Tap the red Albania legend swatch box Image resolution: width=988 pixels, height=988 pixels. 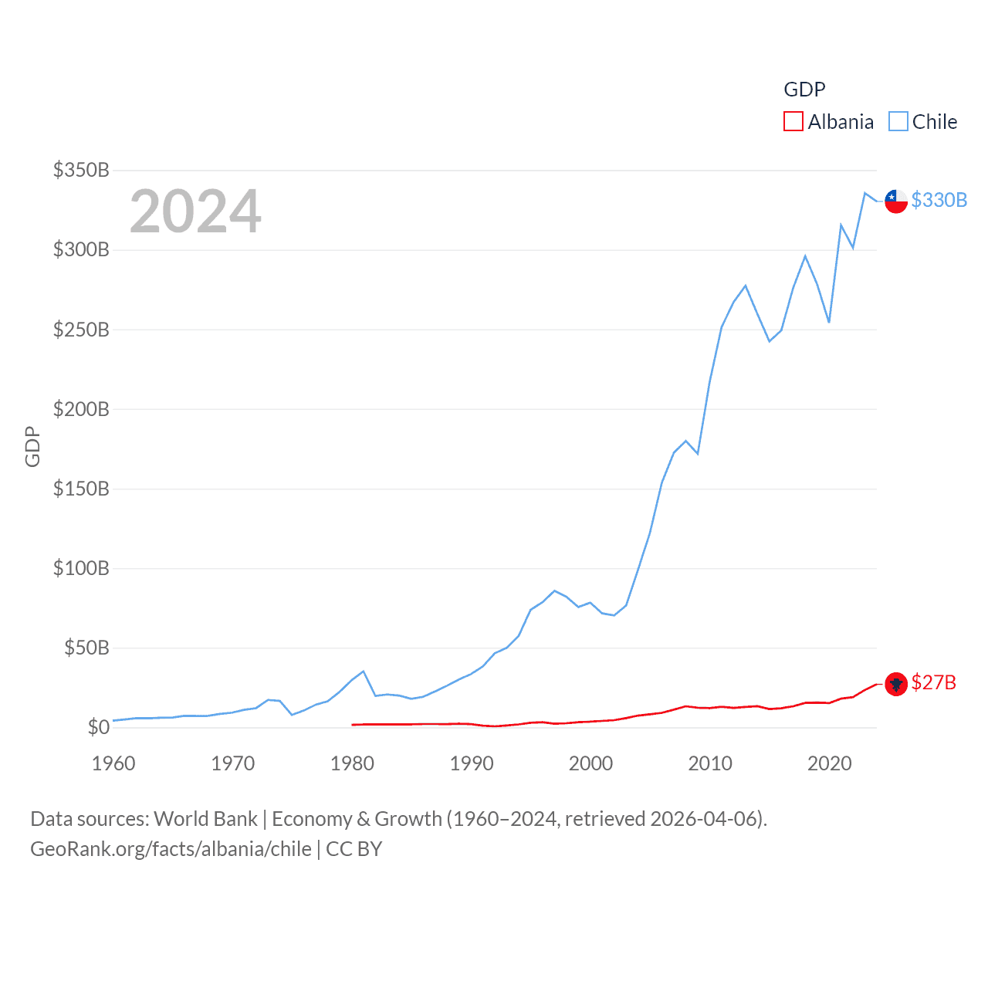pyautogui.click(x=793, y=122)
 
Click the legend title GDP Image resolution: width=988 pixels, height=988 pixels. pyautogui.click(x=804, y=90)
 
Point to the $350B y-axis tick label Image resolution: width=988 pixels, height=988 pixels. pyautogui.click(x=81, y=170)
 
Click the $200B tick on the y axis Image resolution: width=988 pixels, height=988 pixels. pyautogui.click(x=81, y=409)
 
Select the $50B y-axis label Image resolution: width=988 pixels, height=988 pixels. pyautogui.click(x=86, y=648)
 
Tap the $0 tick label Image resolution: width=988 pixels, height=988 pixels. pyautogui.click(x=98, y=727)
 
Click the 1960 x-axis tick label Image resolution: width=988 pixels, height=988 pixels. pyautogui.click(x=113, y=763)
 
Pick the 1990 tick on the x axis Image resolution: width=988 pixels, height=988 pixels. pyautogui.click(x=472, y=763)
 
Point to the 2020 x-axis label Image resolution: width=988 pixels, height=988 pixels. pyautogui.click(x=830, y=763)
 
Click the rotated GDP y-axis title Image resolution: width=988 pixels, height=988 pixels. pyautogui.click(x=32, y=446)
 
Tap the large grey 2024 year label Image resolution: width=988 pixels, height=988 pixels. pyautogui.click(x=195, y=211)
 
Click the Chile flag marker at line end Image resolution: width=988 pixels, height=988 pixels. pyautogui.click(x=896, y=201)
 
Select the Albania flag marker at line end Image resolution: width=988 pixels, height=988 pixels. pyautogui.click(x=896, y=684)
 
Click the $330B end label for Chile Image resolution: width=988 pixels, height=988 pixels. pyautogui.click(x=939, y=200)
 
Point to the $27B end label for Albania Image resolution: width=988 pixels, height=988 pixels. pyautogui.click(x=933, y=682)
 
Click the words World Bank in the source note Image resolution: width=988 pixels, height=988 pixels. pyautogui.click(x=205, y=819)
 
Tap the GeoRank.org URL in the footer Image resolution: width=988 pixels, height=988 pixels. pyautogui.click(x=171, y=849)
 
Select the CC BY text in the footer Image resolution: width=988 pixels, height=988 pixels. pyautogui.click(x=354, y=849)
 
